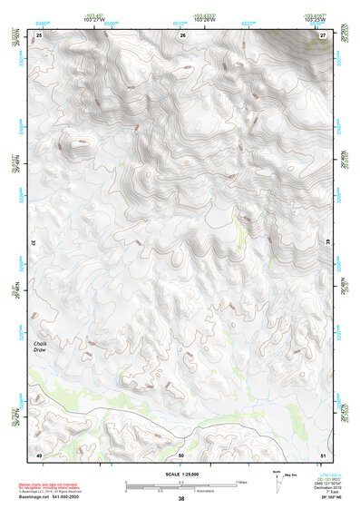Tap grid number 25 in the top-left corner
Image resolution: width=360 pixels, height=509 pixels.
click(x=39, y=34)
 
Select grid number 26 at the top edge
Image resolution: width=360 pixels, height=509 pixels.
click(x=182, y=34)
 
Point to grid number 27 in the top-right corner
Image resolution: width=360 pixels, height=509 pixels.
click(x=323, y=34)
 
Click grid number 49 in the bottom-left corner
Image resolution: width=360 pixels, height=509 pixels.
click(x=39, y=454)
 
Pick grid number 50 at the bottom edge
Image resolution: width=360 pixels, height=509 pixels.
click(x=181, y=454)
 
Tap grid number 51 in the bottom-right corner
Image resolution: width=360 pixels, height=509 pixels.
click(x=323, y=454)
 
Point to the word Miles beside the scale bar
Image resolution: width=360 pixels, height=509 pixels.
click(x=242, y=482)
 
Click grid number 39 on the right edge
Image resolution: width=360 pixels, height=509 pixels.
click(x=329, y=245)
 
